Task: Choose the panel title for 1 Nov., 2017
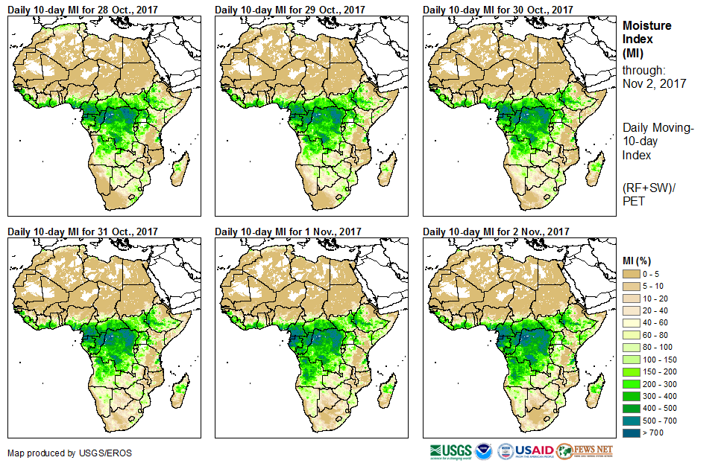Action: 288,232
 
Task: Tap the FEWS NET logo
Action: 586,450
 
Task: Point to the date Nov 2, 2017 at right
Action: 654,83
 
